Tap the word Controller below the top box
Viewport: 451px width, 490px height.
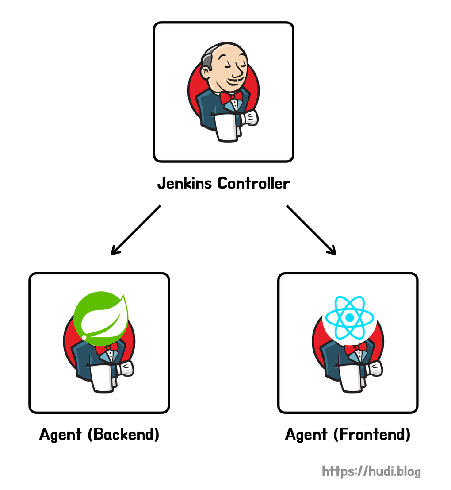coord(253,183)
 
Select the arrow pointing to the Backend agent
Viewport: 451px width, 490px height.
coord(135,230)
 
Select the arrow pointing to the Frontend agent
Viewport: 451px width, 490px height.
coord(311,230)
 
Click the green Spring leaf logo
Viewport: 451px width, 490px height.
coord(100,316)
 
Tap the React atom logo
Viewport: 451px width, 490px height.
coord(349,317)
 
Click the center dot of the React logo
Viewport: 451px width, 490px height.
coord(349,317)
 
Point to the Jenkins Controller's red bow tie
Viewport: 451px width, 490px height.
coord(231,96)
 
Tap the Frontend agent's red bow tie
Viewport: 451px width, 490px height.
coord(356,348)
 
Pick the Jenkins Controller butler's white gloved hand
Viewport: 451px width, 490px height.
coord(250,118)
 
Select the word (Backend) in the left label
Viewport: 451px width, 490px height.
coord(123,434)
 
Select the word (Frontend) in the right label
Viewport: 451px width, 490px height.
coord(372,434)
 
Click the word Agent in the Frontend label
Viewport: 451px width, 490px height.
coord(306,434)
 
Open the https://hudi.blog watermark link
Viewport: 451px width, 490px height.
coord(371,471)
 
